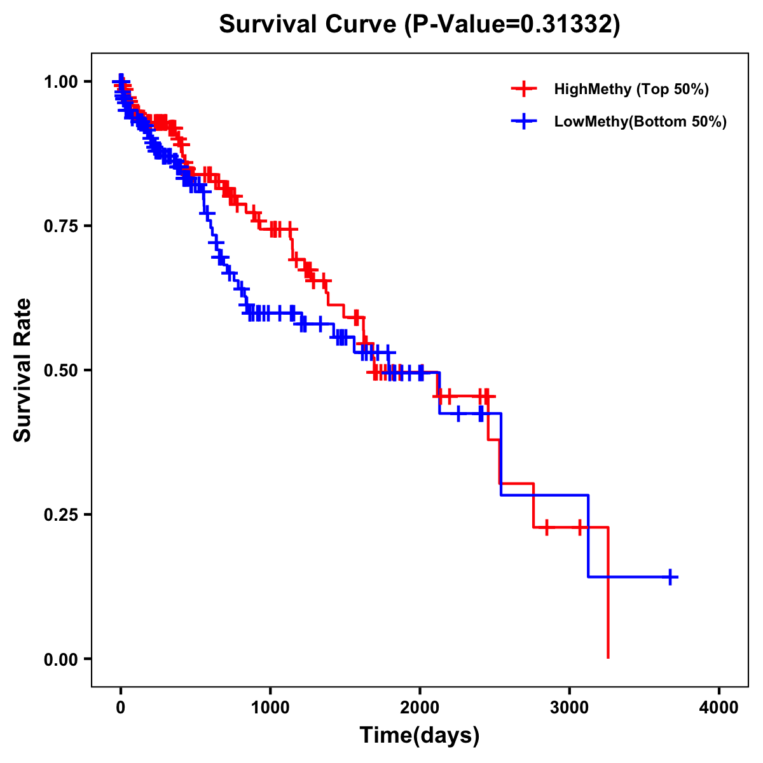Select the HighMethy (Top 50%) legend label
[x=631, y=89]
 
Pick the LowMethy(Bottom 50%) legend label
[x=640, y=121]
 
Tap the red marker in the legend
[x=524, y=89]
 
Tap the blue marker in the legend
[x=524, y=121]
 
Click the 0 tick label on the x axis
[x=121, y=708]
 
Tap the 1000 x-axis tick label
[x=270, y=708]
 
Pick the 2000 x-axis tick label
[x=420, y=708]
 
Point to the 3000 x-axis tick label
[x=570, y=708]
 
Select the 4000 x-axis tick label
[x=719, y=708]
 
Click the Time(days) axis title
[x=420, y=736]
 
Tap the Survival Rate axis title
[x=23, y=370]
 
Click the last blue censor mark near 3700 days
[x=670, y=577]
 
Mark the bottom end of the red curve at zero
[x=608, y=657]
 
